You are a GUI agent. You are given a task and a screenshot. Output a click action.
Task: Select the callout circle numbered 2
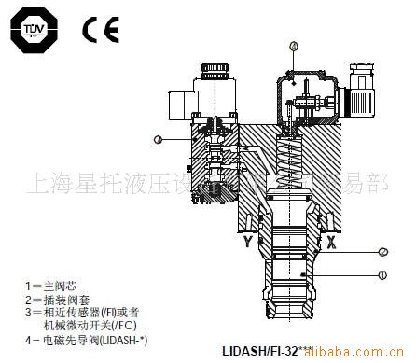tap(383, 251)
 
